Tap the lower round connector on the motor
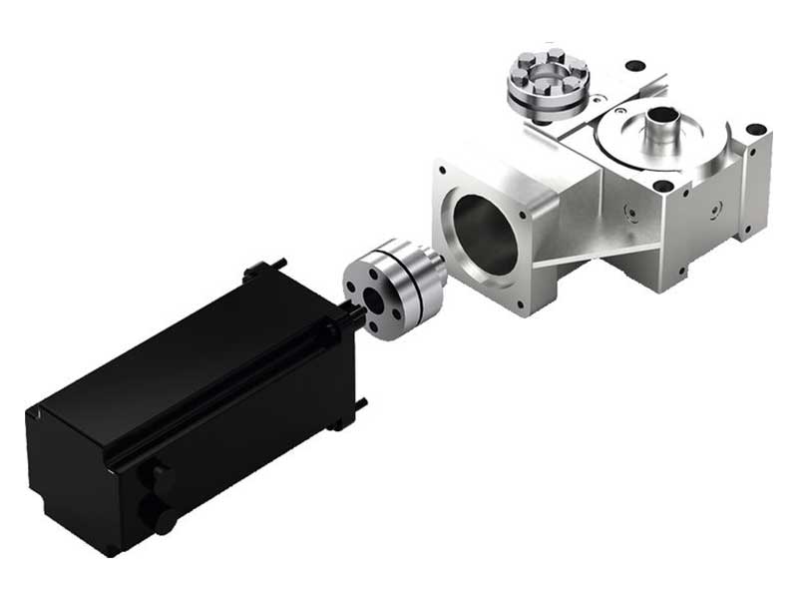[158, 515]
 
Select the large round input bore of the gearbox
[486, 235]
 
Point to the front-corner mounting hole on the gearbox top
[661, 186]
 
